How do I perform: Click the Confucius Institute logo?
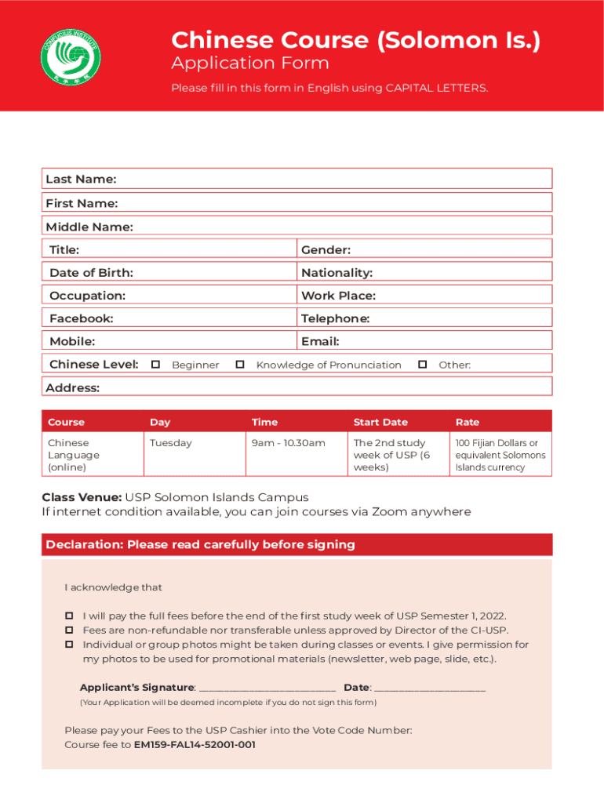click(x=71, y=54)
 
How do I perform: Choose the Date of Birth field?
click(x=212, y=272)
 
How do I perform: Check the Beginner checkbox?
click(x=156, y=365)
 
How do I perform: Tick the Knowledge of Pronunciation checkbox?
click(x=241, y=365)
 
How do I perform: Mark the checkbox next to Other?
click(x=423, y=365)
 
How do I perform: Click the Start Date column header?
click(x=380, y=422)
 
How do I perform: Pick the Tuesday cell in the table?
click(x=171, y=443)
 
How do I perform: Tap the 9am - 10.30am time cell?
click(x=288, y=443)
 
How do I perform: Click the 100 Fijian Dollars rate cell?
click(x=500, y=455)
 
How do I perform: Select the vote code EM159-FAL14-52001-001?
click(x=195, y=745)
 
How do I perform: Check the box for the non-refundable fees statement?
click(x=69, y=630)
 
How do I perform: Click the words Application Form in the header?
click(x=250, y=64)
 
